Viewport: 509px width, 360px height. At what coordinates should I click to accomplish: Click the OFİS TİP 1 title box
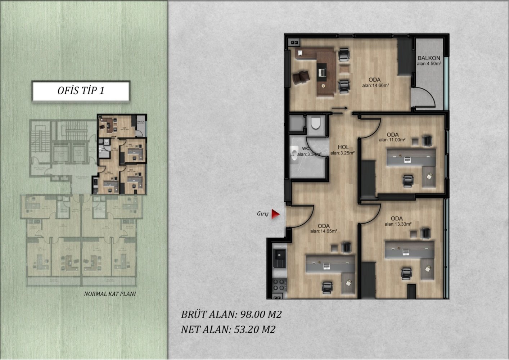point(81,91)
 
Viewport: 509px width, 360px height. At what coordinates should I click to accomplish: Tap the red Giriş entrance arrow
point(275,214)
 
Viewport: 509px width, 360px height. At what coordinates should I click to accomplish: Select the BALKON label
point(429,58)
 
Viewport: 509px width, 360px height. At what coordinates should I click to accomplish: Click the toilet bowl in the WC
point(316,123)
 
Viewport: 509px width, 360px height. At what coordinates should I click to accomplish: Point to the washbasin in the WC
point(294,153)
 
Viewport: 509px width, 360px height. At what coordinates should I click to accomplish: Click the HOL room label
point(343,147)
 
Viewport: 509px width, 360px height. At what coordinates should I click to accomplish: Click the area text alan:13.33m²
point(398,224)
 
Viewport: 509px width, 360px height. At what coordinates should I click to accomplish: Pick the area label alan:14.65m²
point(324,231)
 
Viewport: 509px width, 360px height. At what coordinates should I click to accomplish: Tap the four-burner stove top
point(279,284)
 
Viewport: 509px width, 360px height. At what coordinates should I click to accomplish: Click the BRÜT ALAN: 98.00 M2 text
point(231,314)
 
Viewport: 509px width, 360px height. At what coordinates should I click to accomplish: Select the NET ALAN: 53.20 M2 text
point(228,329)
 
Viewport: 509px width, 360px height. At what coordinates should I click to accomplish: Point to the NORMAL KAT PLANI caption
point(110,294)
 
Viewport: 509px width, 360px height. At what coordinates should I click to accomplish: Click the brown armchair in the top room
point(301,77)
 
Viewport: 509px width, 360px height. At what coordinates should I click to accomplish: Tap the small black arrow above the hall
point(339,108)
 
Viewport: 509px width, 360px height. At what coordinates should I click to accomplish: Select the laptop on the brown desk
point(321,72)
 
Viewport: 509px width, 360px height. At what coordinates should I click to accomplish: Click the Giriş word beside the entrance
point(263,214)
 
